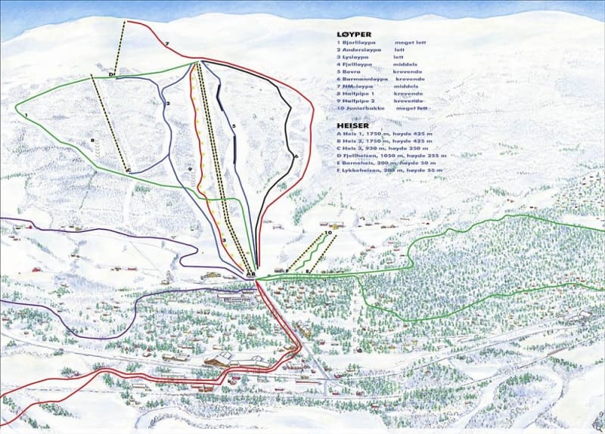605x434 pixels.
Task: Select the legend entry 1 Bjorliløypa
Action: [360, 45]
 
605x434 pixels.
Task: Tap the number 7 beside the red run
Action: [167, 45]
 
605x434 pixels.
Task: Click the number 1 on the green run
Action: [26, 115]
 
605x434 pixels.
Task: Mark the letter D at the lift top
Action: [110, 74]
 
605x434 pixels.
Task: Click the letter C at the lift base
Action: [129, 170]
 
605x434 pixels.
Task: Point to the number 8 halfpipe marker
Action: [91, 140]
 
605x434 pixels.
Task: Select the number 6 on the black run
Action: [296, 157]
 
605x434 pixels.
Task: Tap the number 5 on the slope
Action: [234, 126]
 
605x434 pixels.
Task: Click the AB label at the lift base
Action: [250, 274]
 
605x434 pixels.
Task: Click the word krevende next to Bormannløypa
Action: [411, 80]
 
